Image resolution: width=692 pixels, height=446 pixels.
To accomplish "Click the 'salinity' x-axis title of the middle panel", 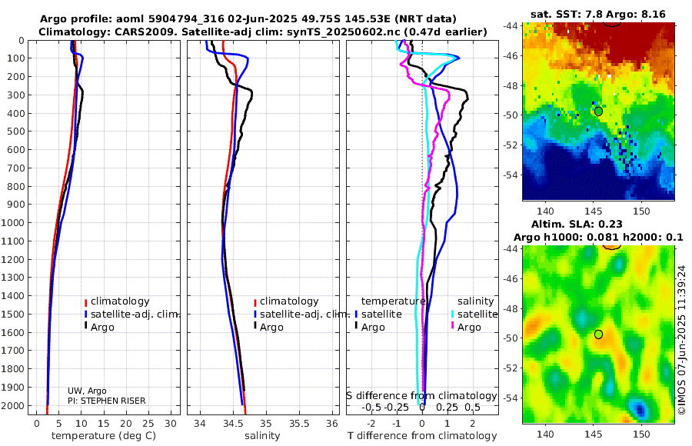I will point(262,436).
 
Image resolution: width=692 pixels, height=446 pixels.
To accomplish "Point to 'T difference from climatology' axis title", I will point(422,436).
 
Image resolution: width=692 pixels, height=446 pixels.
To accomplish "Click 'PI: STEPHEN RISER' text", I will point(106,401).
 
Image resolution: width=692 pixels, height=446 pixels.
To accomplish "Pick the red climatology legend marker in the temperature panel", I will point(86,301).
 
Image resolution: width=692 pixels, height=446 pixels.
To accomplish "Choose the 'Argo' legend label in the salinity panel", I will point(271,328).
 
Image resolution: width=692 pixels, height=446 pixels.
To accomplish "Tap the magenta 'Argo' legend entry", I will point(469,328).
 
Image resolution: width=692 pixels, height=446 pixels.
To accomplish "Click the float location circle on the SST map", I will point(598,111).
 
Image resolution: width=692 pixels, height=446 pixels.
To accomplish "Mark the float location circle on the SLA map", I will point(598,334).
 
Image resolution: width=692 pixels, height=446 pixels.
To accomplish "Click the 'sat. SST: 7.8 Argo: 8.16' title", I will point(597,14).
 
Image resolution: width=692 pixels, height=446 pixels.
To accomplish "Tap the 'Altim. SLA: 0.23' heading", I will point(597,223).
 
